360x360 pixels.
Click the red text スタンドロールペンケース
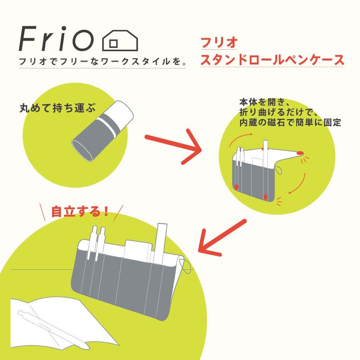pos(272,60)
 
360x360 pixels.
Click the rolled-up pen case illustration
pos(103,130)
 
